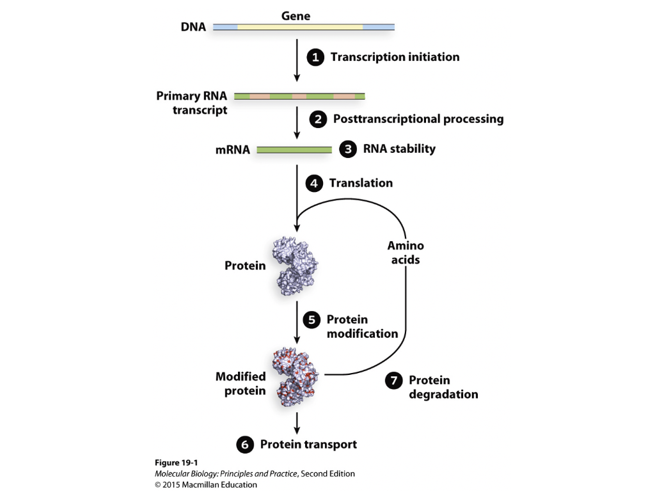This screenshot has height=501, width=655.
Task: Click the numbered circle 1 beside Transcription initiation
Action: (x=315, y=58)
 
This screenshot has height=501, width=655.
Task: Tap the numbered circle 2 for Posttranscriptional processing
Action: (x=318, y=119)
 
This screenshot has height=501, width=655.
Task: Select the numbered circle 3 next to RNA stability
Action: (x=347, y=150)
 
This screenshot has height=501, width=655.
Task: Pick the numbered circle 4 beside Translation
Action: (x=314, y=184)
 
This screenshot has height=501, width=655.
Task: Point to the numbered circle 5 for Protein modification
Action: (x=312, y=320)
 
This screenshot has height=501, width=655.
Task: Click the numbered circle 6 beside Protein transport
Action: (x=245, y=445)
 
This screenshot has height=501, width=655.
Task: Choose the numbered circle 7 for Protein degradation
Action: (x=393, y=381)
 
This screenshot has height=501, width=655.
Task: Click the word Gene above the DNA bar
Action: (x=296, y=16)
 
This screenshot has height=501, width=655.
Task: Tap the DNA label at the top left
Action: (x=193, y=28)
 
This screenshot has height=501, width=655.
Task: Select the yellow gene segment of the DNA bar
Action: (x=300, y=28)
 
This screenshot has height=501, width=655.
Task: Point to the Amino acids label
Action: (x=406, y=253)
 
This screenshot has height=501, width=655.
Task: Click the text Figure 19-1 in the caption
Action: (x=177, y=463)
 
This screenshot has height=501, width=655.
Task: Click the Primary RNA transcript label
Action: (x=191, y=103)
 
